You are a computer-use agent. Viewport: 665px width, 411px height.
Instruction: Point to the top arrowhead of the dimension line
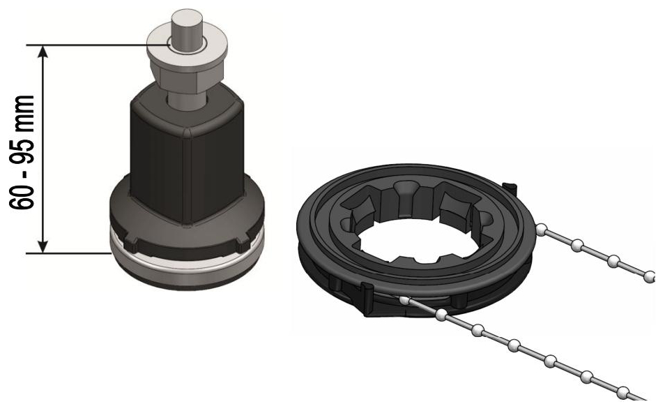43,52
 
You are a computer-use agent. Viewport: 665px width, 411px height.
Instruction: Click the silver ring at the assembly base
187,259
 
